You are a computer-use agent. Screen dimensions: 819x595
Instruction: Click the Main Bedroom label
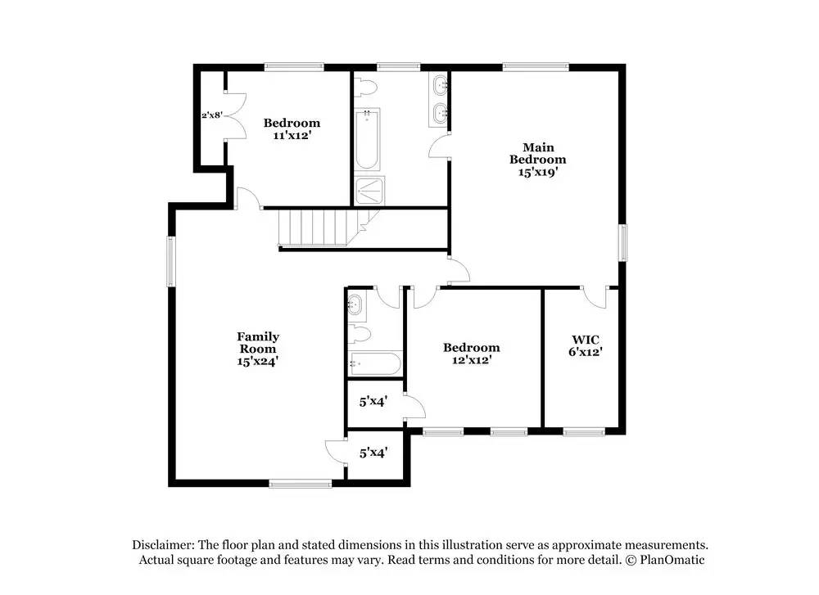[538, 153]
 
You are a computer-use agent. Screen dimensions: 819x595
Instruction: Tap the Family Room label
[258, 342]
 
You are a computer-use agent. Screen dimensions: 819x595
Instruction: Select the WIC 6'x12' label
[586, 346]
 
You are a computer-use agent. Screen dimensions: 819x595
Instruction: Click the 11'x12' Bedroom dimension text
[292, 135]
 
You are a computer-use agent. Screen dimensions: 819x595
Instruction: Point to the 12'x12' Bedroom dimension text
[472, 359]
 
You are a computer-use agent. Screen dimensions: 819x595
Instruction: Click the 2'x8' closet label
[212, 115]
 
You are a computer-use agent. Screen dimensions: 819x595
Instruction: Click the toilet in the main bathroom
[364, 87]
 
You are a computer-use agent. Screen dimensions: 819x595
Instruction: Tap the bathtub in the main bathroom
[367, 139]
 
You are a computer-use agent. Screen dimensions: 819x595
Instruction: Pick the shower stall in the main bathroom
[369, 191]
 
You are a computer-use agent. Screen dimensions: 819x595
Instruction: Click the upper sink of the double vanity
[441, 83]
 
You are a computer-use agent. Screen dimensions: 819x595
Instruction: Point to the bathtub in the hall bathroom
[376, 363]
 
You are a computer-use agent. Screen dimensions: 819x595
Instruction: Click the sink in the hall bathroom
[355, 304]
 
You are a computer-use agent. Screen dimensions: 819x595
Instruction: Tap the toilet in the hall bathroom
[360, 334]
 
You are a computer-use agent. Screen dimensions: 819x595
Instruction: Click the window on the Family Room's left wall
[170, 261]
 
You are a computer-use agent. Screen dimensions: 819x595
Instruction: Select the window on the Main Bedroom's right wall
[623, 243]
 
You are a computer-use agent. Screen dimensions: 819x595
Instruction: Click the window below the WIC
[584, 431]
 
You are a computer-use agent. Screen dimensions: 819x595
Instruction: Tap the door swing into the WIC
[595, 298]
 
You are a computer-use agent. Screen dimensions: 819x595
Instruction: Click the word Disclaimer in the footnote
[164, 545]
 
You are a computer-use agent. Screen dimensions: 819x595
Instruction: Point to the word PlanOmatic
[672, 560]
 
